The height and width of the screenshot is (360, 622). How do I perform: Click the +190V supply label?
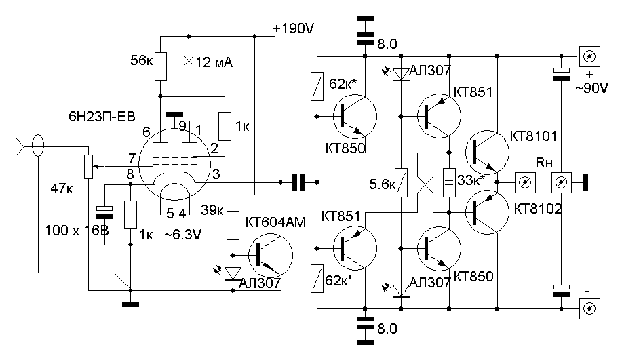294,29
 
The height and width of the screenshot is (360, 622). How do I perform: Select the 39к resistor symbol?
233,223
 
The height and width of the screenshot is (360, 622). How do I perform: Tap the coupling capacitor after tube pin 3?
298,182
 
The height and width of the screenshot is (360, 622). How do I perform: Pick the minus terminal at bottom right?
590,308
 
